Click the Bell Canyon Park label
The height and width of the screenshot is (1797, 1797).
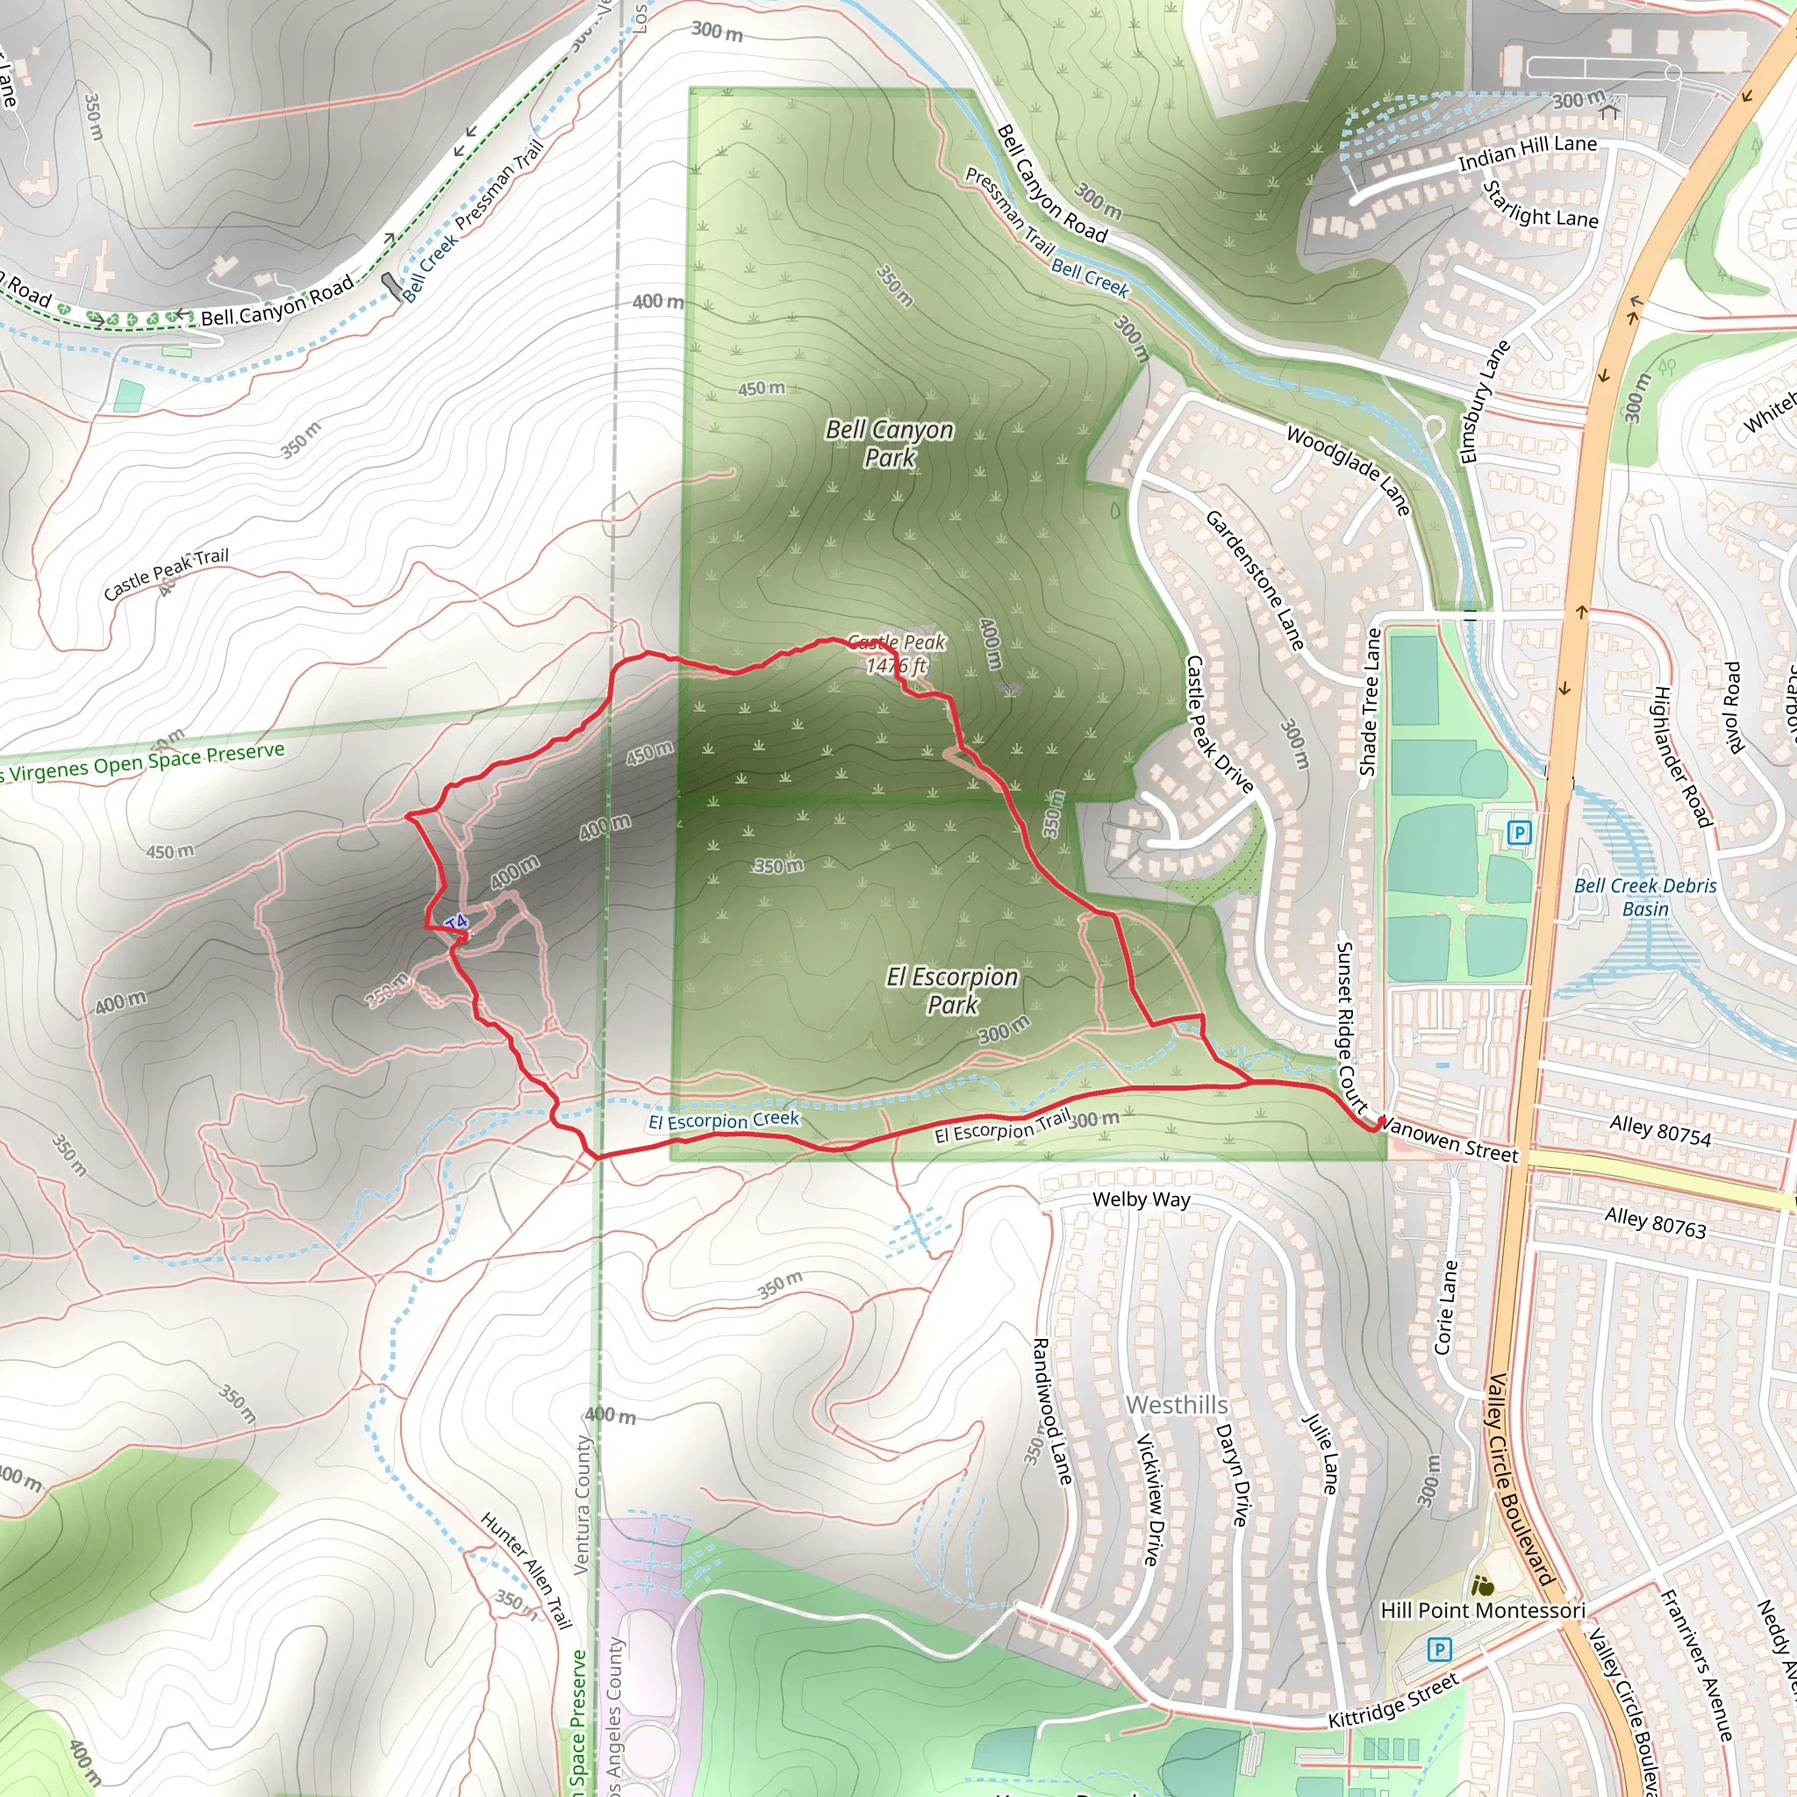[x=889, y=444]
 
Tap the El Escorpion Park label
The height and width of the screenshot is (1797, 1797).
[x=951, y=990]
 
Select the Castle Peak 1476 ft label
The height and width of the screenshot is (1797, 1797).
[x=896, y=653]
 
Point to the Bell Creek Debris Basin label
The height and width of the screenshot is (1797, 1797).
[x=1644, y=897]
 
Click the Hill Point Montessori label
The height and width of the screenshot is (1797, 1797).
[x=1482, y=1610]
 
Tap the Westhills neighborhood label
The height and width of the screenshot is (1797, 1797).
[x=1177, y=1405]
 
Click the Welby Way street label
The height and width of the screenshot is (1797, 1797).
[x=1141, y=1199]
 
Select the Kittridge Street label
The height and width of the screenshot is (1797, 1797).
[x=1392, y=1702]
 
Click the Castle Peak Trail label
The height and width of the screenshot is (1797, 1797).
[x=166, y=573]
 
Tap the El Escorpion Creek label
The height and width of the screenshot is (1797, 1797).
[x=723, y=1120]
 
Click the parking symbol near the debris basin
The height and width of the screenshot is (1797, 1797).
[x=1519, y=833]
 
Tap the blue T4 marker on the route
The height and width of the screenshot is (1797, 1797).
[x=455, y=923]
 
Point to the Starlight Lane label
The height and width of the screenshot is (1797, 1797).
[x=1539, y=205]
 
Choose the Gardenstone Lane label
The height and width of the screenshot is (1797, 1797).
[x=1255, y=578]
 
